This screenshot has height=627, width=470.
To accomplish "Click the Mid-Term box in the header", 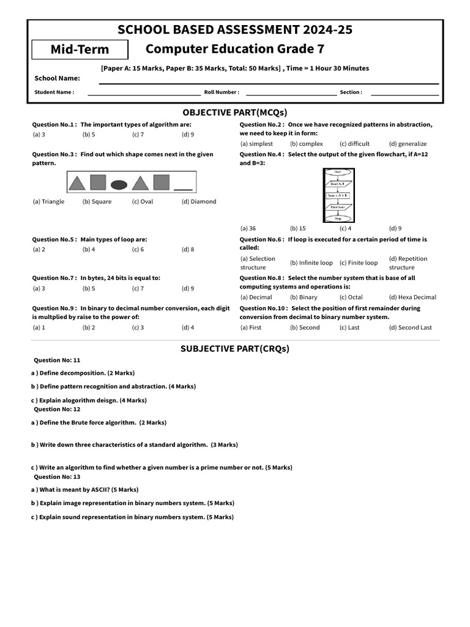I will point(80,50).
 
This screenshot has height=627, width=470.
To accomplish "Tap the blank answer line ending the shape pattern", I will point(183,189).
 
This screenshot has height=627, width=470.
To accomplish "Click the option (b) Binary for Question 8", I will point(304,297).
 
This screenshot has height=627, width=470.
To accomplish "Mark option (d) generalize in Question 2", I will point(408,144).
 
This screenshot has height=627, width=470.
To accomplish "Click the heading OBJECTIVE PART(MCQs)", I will point(234,112).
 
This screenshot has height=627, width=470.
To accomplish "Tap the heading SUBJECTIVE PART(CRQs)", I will point(234,349).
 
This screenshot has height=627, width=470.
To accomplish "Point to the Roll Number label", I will point(222,92).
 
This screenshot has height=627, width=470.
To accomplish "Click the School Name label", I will point(57,78).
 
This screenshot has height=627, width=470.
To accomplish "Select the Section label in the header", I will point(351,92).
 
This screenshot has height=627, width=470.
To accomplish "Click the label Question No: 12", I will point(57,409).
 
